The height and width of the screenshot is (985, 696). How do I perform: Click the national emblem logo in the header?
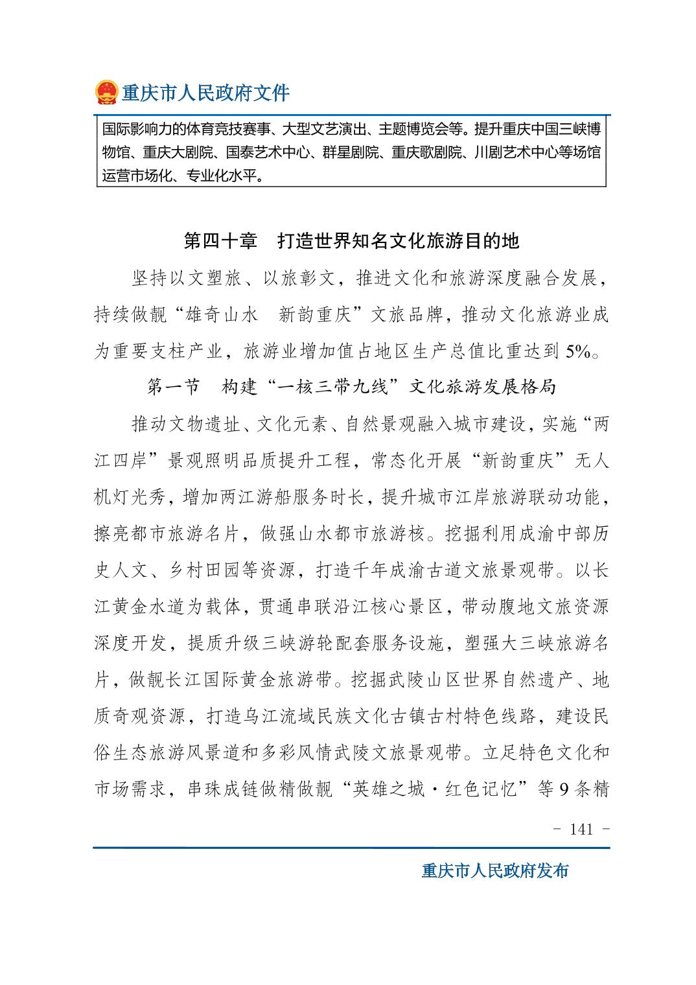(106, 93)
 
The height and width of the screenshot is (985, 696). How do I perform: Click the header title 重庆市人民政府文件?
(206, 93)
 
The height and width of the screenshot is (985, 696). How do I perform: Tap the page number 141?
(581, 829)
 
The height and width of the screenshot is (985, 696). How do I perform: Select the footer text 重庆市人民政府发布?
(494, 870)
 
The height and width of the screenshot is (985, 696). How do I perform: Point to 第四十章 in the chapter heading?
(221, 241)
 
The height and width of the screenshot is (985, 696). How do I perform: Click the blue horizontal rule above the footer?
(351, 847)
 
